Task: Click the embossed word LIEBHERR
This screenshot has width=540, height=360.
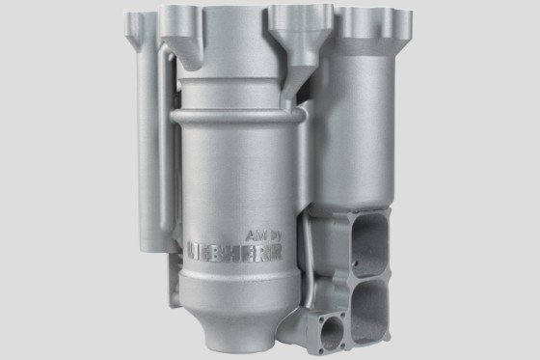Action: [x=235, y=251]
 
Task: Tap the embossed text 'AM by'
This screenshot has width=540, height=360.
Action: [x=264, y=235]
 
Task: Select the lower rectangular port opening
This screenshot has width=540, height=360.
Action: [x=369, y=311]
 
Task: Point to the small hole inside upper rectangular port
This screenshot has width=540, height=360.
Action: [x=357, y=263]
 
